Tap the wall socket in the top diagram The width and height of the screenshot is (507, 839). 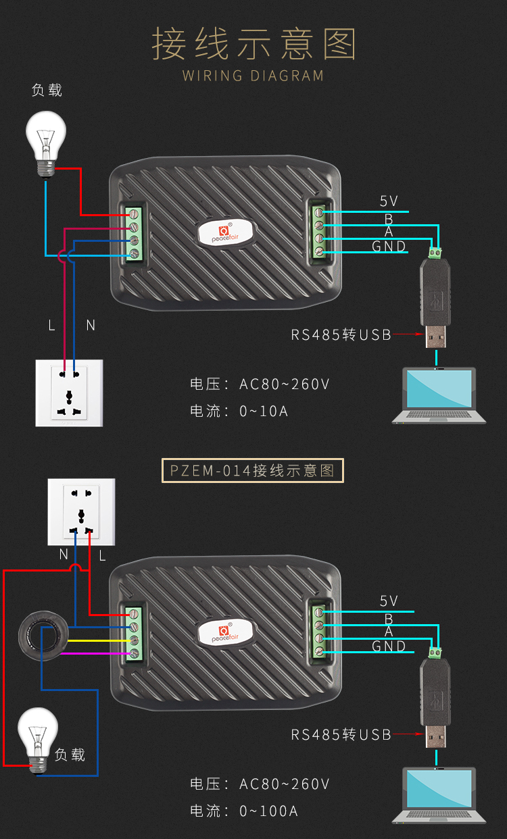[x=69, y=393]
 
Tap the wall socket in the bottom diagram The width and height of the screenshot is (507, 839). [x=81, y=511]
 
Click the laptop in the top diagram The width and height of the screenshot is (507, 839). [x=439, y=395]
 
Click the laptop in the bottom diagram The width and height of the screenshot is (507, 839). [x=439, y=795]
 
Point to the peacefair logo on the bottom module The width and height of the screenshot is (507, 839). [x=226, y=632]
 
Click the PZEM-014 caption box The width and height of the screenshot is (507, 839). [x=253, y=470]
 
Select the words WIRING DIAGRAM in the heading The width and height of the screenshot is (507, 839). [x=253, y=75]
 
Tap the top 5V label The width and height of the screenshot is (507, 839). [x=389, y=201]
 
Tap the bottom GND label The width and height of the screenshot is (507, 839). [x=389, y=646]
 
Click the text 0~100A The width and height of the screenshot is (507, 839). [x=268, y=811]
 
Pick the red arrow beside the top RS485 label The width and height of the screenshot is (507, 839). [x=406, y=334]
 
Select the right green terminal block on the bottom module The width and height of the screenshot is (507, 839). [x=318, y=632]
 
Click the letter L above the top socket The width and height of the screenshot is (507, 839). [x=51, y=325]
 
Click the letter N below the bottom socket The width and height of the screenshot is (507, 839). [x=64, y=555]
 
